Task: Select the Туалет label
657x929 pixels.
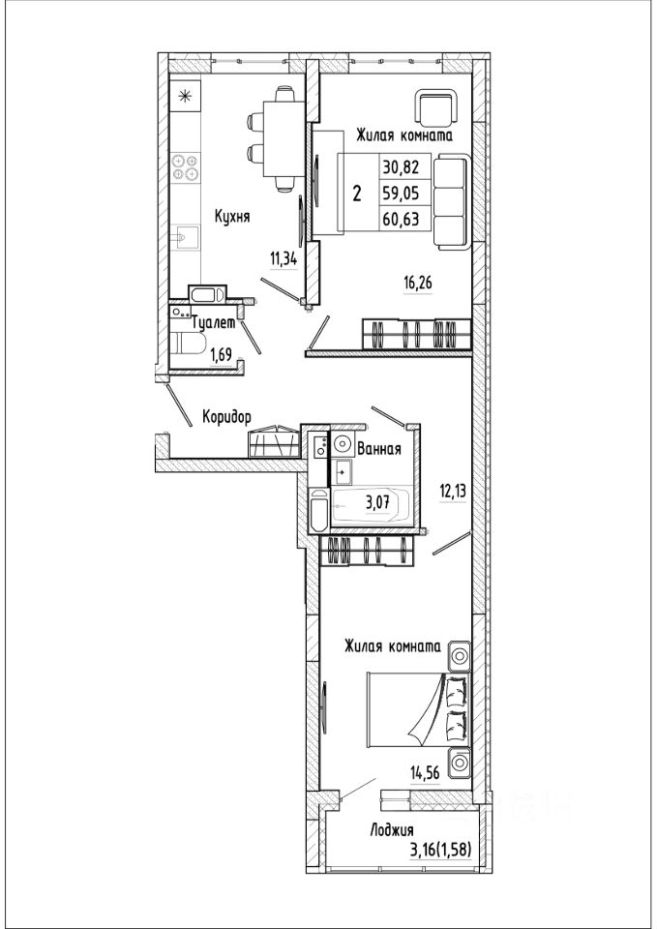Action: pyautogui.click(x=214, y=324)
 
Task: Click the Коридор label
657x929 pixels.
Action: pyautogui.click(x=226, y=417)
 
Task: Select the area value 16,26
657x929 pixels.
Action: pyautogui.click(x=418, y=285)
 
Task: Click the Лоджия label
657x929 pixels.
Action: pyautogui.click(x=391, y=830)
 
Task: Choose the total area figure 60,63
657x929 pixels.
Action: pyautogui.click(x=402, y=218)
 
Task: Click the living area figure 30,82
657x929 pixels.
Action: pyautogui.click(x=402, y=166)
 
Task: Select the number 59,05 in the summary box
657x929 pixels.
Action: pyautogui.click(x=402, y=193)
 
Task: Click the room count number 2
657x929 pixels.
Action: pyautogui.click(x=357, y=194)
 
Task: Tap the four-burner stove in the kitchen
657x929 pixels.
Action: pyautogui.click(x=185, y=166)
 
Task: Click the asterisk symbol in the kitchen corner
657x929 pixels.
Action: pyautogui.click(x=184, y=95)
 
